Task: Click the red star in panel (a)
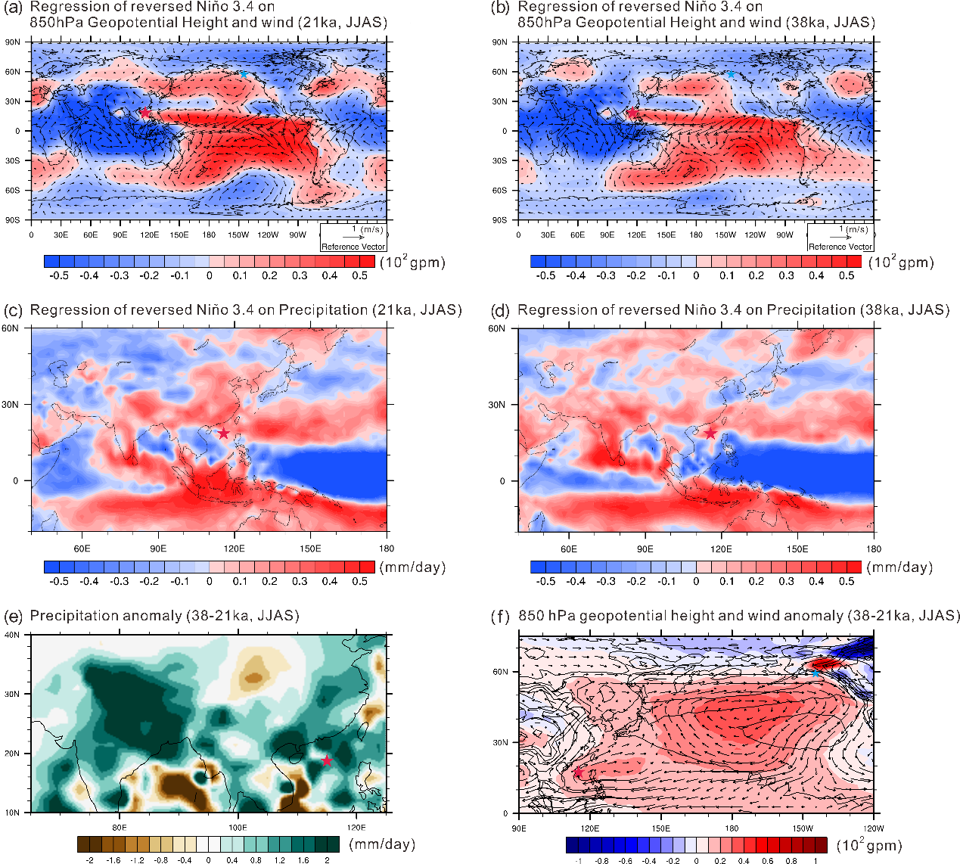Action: tap(144, 112)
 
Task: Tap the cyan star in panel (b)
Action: tap(731, 74)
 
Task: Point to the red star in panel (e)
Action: tap(327, 760)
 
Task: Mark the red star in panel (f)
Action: tap(579, 772)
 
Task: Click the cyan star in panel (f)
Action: tap(815, 673)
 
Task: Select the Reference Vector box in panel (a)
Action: tap(353, 238)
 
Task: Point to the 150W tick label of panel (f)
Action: tap(803, 828)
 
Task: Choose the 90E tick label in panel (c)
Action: tap(158, 549)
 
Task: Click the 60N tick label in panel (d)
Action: tap(496, 328)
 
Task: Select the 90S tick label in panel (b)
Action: tap(499, 220)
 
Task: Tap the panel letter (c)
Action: tap(14, 310)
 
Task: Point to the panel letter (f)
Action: tap(501, 616)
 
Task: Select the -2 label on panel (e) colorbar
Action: tap(90, 859)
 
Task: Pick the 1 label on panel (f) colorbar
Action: tap(816, 860)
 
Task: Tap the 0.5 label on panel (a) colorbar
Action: tap(360, 275)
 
